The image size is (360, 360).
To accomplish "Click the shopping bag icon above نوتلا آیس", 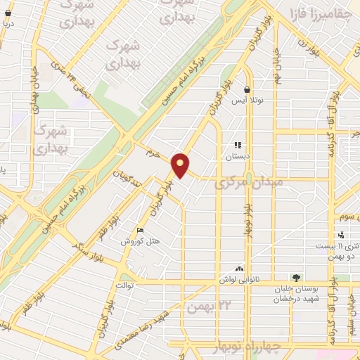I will pyautogui.click(x=247, y=90).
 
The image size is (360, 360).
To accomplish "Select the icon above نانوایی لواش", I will pyautogui.click(x=239, y=268).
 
